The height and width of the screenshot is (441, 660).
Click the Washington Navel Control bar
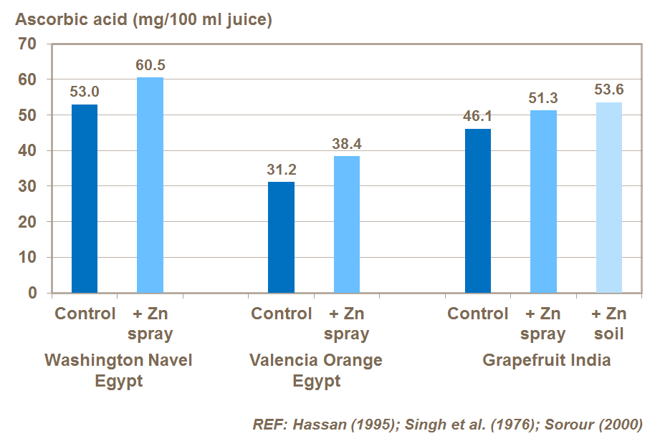(x=85, y=198)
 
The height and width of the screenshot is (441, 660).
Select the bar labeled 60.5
(x=150, y=185)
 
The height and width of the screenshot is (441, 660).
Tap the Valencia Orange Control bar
(x=281, y=237)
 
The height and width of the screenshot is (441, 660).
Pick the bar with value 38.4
(x=347, y=224)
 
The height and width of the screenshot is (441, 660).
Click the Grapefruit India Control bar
(x=478, y=210)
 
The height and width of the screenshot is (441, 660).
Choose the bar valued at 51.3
(x=543, y=201)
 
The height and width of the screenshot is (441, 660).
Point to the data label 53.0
(x=85, y=92)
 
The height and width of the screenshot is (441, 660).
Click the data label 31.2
(x=281, y=169)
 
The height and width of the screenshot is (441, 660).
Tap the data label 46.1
(x=478, y=116)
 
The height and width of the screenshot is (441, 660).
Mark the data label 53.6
(x=609, y=89)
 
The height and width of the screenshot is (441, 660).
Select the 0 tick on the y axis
(x=32, y=293)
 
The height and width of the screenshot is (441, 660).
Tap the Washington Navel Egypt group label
(x=118, y=369)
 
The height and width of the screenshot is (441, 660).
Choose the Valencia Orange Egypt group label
(x=315, y=369)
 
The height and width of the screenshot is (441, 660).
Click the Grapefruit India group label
(x=546, y=359)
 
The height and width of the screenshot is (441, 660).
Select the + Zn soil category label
(x=609, y=324)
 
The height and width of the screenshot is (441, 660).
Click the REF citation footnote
(x=447, y=423)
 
